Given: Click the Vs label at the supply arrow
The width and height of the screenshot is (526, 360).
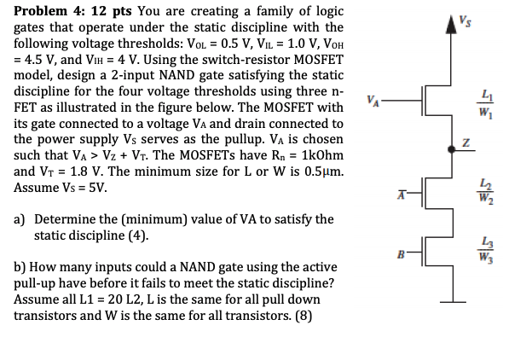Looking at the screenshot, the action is tap(465, 21).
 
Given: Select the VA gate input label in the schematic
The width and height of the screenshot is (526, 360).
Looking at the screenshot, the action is tap(373, 101).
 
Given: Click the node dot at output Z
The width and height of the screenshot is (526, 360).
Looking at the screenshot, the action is tap(452, 149).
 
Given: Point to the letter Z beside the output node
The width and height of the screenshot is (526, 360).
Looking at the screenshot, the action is tap(465, 143).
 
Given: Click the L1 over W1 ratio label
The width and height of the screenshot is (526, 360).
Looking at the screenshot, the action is tap(486, 104).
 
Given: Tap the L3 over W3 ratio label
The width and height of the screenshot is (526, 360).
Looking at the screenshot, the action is tap(486, 249).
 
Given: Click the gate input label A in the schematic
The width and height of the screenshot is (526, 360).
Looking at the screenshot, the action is tap(402, 195).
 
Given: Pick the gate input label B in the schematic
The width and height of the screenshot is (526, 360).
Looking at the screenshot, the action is tap(402, 254).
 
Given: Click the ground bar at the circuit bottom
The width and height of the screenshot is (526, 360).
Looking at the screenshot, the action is tap(453, 302).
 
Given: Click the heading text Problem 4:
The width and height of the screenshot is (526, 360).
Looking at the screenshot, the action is tap(49, 11).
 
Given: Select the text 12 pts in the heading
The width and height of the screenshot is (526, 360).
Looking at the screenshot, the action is tap(112, 11).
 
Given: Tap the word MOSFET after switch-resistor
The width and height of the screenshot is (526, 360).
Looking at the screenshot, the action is tap(318, 60).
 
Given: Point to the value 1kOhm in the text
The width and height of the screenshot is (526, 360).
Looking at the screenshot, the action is tap(323, 155).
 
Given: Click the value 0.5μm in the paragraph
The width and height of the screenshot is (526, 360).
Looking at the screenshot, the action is tap(324, 171).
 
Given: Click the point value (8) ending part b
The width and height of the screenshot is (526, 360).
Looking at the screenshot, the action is tap(303, 316).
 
